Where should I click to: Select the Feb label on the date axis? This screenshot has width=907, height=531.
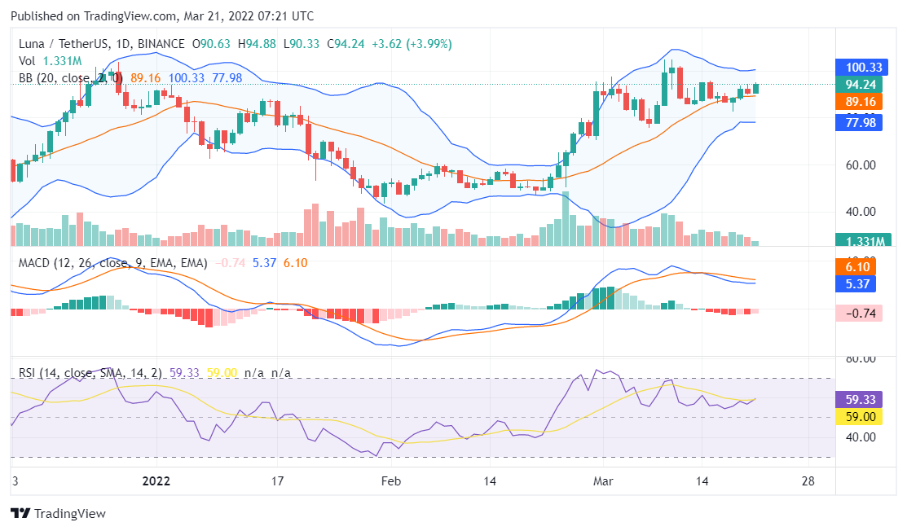tap(391, 481)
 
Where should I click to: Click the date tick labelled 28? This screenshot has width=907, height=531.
tap(808, 481)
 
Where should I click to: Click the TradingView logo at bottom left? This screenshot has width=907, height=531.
tap(58, 514)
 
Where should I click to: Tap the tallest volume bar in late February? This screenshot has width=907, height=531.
tap(566, 219)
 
